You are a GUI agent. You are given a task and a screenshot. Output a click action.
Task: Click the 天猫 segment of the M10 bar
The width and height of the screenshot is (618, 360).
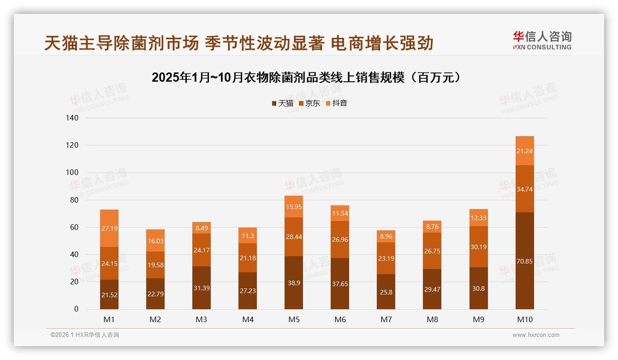click(524, 261)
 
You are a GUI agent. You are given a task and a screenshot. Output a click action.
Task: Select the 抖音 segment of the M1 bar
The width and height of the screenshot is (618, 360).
click(109, 228)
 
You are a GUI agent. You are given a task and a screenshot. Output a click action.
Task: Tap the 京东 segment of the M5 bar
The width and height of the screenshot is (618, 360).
click(294, 237)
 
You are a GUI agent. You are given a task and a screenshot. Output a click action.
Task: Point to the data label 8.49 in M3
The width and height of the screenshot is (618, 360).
click(202, 228)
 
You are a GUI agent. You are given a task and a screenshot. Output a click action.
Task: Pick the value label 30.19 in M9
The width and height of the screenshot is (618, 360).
click(478, 247)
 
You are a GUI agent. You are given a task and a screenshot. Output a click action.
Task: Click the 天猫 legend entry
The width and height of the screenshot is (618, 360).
click(282, 103)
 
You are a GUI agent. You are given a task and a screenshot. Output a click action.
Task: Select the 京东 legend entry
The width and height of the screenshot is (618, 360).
click(309, 103)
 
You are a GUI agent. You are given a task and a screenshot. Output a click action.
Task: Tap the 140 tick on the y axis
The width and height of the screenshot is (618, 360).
click(73, 118)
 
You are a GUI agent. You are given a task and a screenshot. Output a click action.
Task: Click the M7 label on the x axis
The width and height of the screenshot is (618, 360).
click(386, 319)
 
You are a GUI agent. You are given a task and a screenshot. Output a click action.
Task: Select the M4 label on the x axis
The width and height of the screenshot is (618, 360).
click(248, 319)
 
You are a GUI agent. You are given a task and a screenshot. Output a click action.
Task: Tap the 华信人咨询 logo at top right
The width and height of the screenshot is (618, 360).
click(542, 40)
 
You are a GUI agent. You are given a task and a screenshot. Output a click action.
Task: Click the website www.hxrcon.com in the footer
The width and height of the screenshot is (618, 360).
click(536, 335)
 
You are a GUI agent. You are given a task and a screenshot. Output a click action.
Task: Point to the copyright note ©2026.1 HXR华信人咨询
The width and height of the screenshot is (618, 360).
click(84, 335)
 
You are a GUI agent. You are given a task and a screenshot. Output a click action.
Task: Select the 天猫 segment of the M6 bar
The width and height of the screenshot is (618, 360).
click(340, 283)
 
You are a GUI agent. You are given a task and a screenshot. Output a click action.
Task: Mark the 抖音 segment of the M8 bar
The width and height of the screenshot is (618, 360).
click(432, 227)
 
